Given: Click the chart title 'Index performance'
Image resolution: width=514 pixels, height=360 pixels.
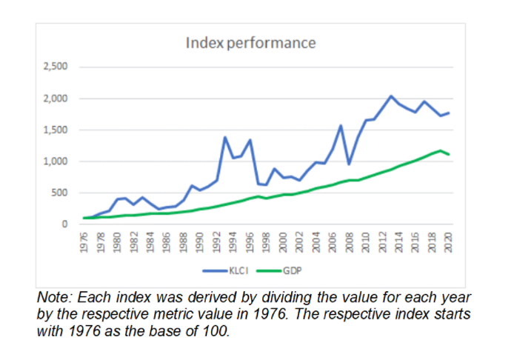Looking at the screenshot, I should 250,42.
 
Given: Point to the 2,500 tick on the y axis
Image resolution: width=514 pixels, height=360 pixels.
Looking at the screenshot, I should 55,67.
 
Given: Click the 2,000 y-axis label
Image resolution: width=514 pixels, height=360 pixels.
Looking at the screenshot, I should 55,99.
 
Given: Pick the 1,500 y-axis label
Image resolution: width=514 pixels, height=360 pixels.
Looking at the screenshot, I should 55,130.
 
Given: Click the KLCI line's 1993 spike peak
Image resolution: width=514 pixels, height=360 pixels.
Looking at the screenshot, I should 224,137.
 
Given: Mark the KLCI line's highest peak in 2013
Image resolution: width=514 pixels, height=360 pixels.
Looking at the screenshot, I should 391,96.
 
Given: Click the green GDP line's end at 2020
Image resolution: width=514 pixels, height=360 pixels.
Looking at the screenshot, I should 448,154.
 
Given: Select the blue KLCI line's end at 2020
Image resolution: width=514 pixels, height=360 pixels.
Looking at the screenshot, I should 448,113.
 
